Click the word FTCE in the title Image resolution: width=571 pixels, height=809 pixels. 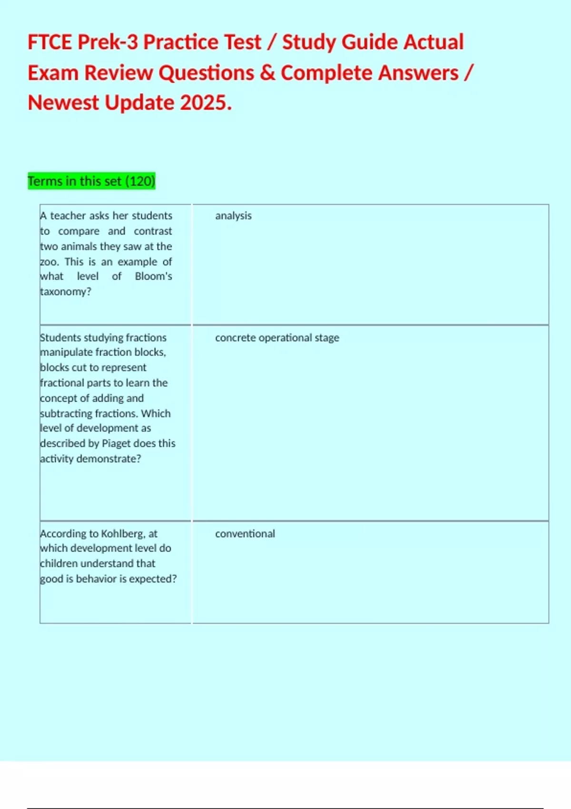pyautogui.click(x=50, y=42)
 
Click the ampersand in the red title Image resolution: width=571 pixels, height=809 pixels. pyautogui.click(x=268, y=73)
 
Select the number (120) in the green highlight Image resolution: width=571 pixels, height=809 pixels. pyautogui.click(x=140, y=181)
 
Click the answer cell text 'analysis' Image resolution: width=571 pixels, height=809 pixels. pyautogui.click(x=233, y=216)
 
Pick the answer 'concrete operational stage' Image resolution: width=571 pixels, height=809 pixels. pyautogui.click(x=277, y=337)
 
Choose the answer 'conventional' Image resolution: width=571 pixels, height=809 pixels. pyautogui.click(x=245, y=533)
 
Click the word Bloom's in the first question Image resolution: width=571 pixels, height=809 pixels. pyautogui.click(x=153, y=276)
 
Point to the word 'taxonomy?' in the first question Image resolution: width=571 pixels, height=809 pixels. pyautogui.click(x=66, y=291)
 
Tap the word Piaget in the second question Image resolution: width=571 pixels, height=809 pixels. pyautogui.click(x=116, y=443)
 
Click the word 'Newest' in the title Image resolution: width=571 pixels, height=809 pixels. pyautogui.click(x=63, y=103)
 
